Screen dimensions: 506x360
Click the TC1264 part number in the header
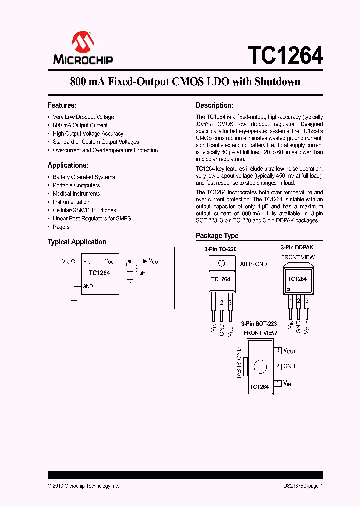(285, 55)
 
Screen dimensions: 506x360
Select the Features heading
(62, 105)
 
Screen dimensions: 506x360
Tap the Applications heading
(68, 165)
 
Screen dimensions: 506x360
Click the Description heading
(215, 105)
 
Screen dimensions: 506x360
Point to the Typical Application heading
(77, 242)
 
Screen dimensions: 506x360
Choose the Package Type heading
(217, 236)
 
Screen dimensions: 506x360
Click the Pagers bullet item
(61, 227)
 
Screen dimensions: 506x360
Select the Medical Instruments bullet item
(76, 194)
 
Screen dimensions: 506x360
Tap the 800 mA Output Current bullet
(80, 125)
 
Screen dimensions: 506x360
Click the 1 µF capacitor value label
(140, 273)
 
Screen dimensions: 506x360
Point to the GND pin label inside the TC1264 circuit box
(88, 286)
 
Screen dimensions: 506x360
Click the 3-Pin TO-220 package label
(220, 249)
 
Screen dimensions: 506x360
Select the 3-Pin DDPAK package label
(297, 247)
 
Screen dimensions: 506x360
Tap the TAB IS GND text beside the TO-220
(252, 264)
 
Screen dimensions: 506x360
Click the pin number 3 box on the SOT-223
(278, 350)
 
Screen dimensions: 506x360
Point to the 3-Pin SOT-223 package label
(259, 324)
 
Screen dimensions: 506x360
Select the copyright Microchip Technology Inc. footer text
(83, 486)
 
